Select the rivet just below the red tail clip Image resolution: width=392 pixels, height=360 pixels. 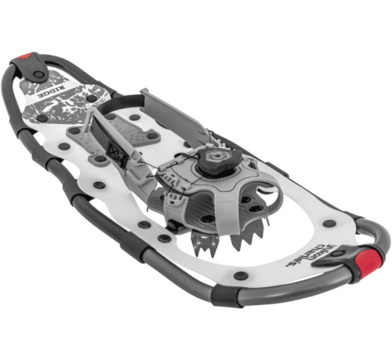coord(38,75)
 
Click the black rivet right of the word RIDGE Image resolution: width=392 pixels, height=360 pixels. coord(92,99)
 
